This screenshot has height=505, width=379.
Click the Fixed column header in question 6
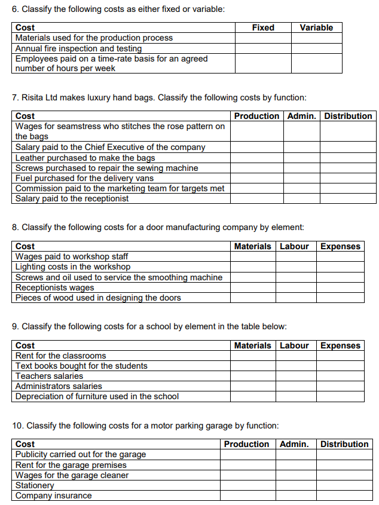[x=263, y=27]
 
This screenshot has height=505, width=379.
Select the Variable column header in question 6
[x=316, y=27]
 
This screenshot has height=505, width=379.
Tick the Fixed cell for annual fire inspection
[x=263, y=48]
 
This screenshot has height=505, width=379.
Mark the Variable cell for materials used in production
[x=316, y=38]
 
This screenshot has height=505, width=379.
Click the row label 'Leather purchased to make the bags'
[x=85, y=158]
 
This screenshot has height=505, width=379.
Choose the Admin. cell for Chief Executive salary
[x=302, y=147]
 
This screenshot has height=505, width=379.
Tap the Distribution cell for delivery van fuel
[x=349, y=178]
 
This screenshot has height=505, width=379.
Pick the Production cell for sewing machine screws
[x=257, y=168]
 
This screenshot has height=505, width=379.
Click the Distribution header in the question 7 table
[x=349, y=116]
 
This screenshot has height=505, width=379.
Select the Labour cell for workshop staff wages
[x=294, y=256]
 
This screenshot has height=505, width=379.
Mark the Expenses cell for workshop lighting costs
[x=340, y=267]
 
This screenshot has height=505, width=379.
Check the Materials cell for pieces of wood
[x=253, y=298]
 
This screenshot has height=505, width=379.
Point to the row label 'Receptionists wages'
[x=54, y=287]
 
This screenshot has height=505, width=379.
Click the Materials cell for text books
[x=253, y=366]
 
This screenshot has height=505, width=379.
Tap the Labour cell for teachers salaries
[x=294, y=376]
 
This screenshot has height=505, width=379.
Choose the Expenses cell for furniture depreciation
[x=340, y=396]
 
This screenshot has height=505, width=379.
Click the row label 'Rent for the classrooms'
[x=60, y=356]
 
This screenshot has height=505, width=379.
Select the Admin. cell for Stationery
[x=294, y=485]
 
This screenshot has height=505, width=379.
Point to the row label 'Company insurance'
[x=53, y=495]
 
